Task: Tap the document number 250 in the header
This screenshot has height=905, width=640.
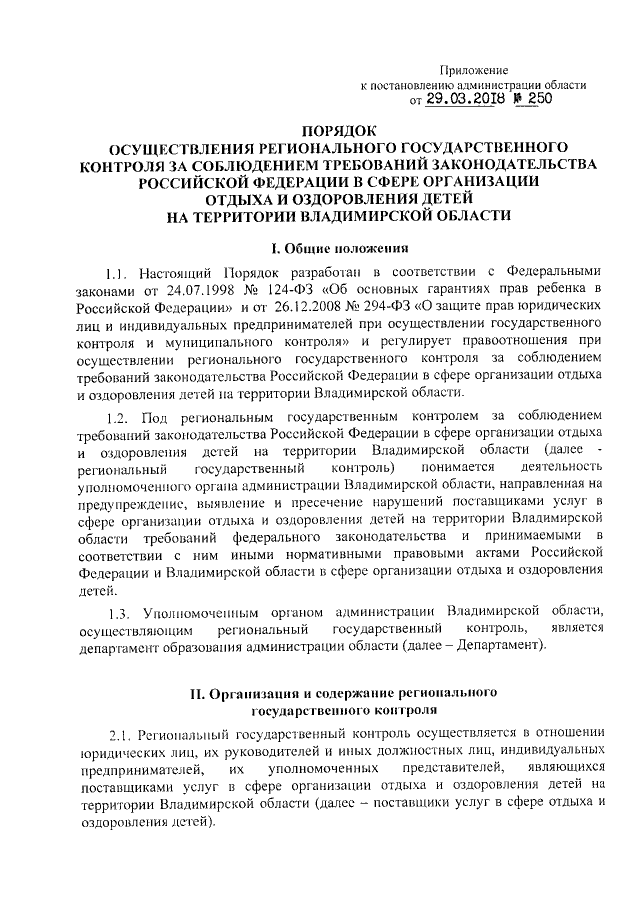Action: tap(534, 99)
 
